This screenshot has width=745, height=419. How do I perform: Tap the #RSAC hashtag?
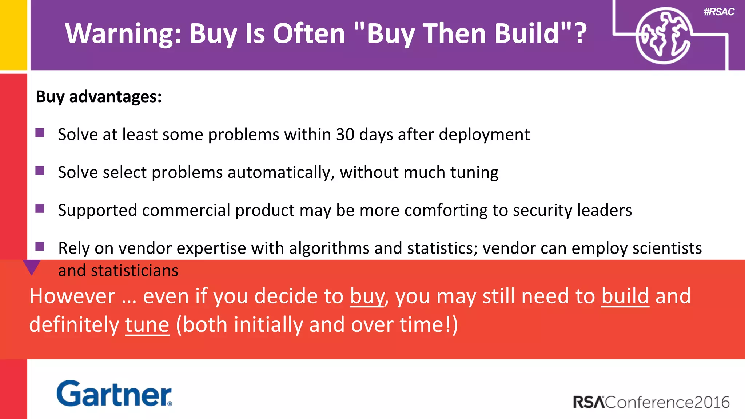(719, 12)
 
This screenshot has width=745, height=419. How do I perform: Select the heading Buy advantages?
(99, 97)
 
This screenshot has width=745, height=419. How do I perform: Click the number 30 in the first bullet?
(345, 135)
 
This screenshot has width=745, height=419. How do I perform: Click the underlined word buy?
(367, 296)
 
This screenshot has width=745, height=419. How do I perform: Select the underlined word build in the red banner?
(625, 296)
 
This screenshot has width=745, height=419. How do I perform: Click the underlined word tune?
(147, 324)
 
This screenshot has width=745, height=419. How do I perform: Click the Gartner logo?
(114, 394)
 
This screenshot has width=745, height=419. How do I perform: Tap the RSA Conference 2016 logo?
(651, 402)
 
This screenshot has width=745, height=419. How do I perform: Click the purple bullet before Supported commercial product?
(40, 208)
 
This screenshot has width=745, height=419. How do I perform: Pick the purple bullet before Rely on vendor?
(40, 247)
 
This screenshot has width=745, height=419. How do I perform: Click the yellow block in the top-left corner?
(13, 35)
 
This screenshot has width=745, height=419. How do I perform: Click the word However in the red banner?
(72, 296)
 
